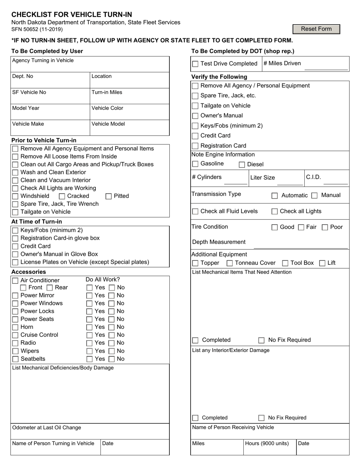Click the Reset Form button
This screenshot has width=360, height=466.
pyautogui.click(x=316, y=29)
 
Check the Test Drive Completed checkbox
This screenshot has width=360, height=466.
pyautogui.click(x=195, y=64)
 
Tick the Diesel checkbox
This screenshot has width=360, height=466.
pyautogui.click(x=242, y=165)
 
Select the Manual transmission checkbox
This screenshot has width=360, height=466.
pyautogui.click(x=314, y=195)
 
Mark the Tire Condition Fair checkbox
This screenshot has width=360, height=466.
pyautogui.click(x=301, y=227)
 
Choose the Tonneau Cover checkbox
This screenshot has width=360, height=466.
pyautogui.click(x=230, y=263)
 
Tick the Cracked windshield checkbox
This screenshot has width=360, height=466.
pyautogui.click(x=62, y=196)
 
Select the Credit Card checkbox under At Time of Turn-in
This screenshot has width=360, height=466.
pyautogui.click(x=15, y=247)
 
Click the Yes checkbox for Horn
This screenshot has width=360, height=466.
pyautogui.click(x=89, y=327)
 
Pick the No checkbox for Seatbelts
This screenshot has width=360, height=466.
pyautogui.click(x=112, y=359)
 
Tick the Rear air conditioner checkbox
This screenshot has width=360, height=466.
pyautogui.click(x=50, y=288)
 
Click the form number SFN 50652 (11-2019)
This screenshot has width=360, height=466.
pyautogui.click(x=37, y=29)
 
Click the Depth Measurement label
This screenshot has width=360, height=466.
pyautogui.click(x=219, y=242)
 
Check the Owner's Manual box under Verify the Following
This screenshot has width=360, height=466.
pyautogui.click(x=195, y=116)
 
